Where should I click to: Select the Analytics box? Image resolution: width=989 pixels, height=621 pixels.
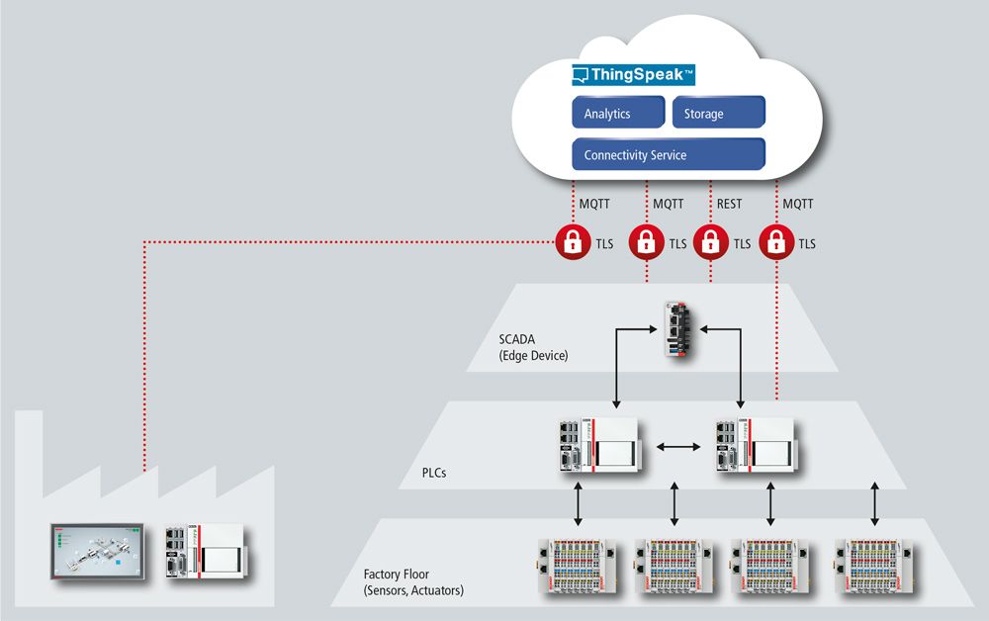(x=618, y=113)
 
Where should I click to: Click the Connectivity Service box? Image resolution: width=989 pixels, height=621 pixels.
(x=669, y=154)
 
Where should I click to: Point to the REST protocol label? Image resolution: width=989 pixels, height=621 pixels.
(x=727, y=204)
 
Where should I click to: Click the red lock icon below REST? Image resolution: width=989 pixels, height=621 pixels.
(x=708, y=242)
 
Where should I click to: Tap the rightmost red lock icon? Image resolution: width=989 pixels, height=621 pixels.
(x=775, y=242)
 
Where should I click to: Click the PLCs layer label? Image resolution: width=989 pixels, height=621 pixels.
(x=427, y=473)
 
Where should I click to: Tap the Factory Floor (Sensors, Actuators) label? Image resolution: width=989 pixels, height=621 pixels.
(x=412, y=581)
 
